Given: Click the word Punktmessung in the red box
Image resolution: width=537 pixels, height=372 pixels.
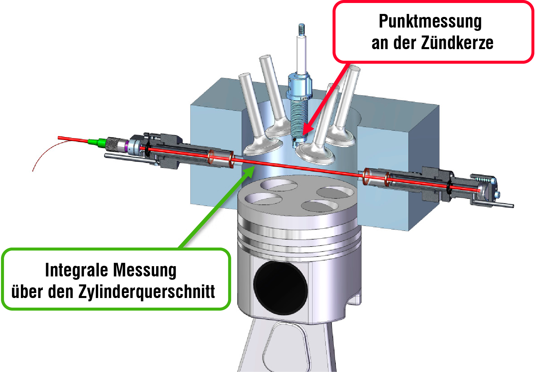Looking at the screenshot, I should point(430,22).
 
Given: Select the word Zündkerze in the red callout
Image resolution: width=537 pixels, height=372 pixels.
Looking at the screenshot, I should point(457,43).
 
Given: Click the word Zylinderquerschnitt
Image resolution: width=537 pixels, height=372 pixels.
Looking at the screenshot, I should point(147,292).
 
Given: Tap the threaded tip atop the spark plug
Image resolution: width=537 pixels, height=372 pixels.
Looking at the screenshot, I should point(301,29).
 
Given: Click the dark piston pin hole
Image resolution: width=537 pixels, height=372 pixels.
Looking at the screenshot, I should point(280,287).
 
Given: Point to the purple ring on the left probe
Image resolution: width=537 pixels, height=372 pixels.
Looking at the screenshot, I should point(127,146).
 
